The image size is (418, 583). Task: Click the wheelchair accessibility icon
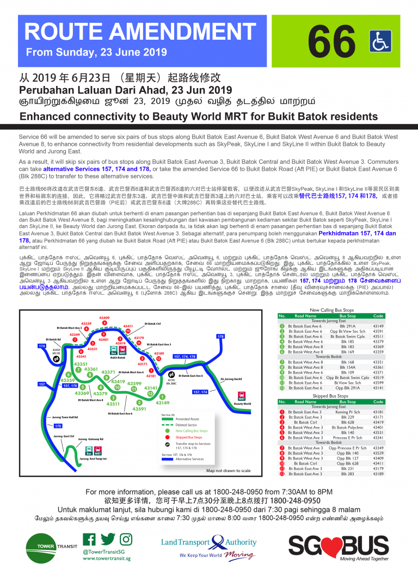tap(380, 41)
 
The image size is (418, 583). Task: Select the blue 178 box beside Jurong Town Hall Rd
tap(58, 426)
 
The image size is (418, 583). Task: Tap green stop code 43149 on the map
tap(163, 402)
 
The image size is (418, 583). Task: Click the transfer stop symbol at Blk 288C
tap(172, 376)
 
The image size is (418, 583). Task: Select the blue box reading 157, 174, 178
tap(185, 356)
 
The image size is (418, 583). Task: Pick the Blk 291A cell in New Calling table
tap(348, 326)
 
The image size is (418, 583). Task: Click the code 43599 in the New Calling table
tap(378, 382)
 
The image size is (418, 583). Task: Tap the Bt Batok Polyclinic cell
tap(348, 427)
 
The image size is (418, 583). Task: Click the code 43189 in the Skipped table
tap(378, 474)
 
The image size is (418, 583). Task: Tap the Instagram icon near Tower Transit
tap(126, 539)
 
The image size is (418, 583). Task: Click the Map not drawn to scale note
tap(228, 470)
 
